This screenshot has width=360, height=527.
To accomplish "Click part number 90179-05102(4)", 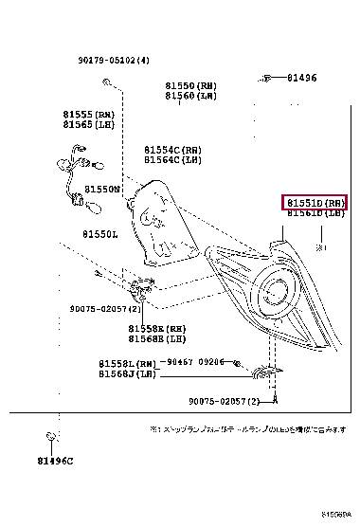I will pos(115,60).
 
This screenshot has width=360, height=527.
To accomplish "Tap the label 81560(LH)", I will pos(190,96).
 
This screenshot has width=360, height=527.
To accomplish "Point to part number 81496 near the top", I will pos(302,78).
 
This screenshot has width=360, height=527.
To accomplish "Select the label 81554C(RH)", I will pos(172,150).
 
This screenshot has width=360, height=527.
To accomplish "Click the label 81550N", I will pos(101,190).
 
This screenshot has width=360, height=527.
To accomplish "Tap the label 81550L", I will pos(99,234).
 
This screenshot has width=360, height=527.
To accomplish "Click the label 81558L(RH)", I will pos(127,364).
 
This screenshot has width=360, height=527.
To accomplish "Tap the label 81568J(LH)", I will pos(127,373).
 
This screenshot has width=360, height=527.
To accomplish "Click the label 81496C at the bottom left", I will pos(55,461).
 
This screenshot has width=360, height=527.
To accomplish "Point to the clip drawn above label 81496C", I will pos(51,438).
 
